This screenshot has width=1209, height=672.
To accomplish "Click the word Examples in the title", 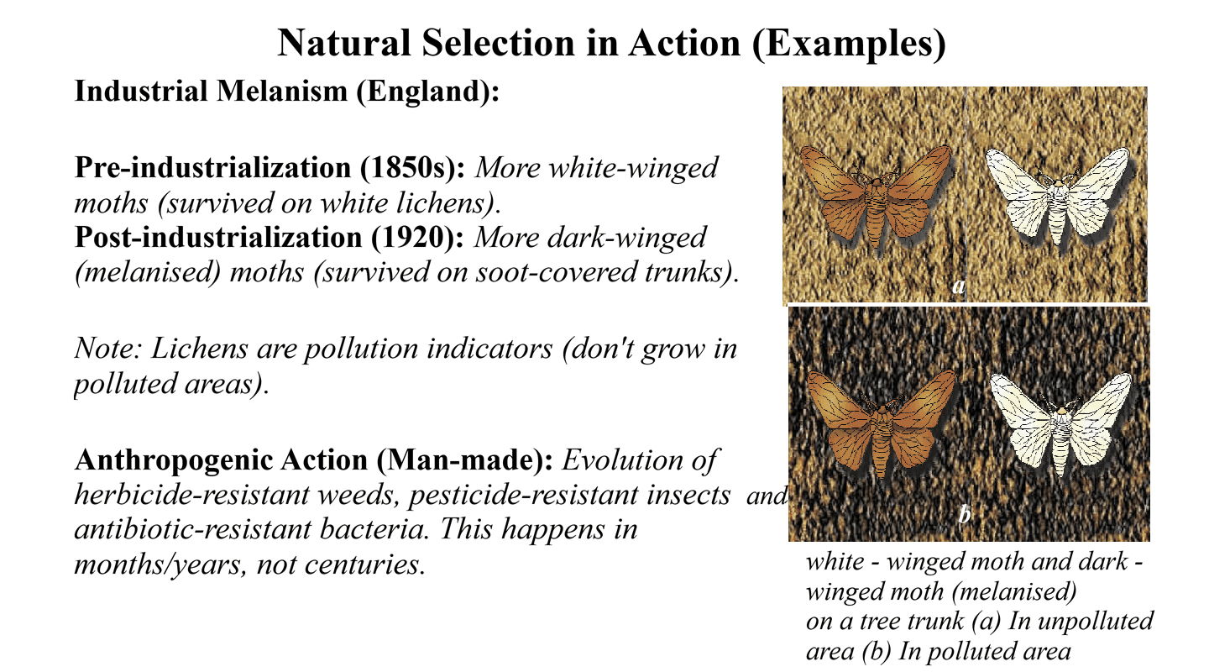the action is [x=850, y=43].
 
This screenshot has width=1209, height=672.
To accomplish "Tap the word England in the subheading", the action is [x=424, y=91].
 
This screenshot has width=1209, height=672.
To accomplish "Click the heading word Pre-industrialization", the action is [x=213, y=167].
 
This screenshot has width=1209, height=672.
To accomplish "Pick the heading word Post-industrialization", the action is [x=218, y=237].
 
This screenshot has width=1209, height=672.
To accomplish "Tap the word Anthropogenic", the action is [x=221, y=461].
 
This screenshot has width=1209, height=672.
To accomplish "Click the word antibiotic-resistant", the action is [x=193, y=529].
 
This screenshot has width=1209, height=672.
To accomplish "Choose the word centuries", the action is [x=365, y=565].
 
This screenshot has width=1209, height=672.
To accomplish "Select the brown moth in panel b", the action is [x=881, y=423].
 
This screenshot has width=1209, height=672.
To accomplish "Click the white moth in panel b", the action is [x=1061, y=424].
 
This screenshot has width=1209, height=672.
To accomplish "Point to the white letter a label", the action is [x=958, y=286].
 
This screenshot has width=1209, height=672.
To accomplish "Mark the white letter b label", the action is [x=965, y=514].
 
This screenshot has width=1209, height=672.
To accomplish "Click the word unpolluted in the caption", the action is [x=1096, y=622].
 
